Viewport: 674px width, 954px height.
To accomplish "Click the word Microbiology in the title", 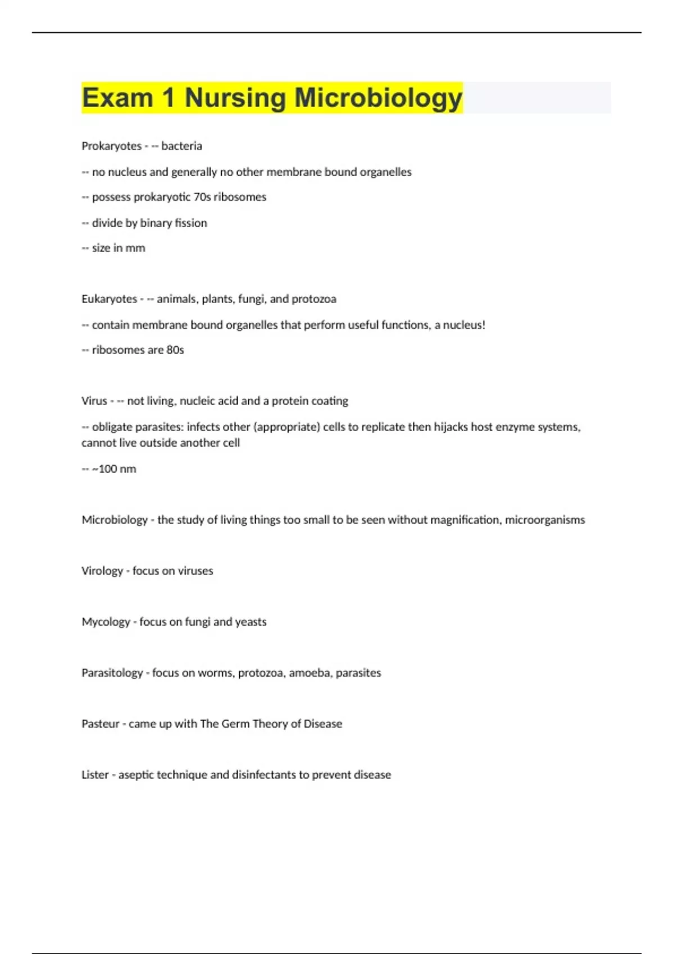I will [x=379, y=98].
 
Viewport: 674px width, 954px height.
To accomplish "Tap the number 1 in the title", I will [x=168, y=98].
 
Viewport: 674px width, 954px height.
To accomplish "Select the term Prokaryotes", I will [x=111, y=146].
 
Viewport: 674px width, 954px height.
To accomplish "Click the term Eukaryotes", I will [x=109, y=299].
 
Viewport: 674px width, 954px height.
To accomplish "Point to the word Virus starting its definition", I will [x=94, y=401].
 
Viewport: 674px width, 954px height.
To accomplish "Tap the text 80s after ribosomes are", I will [x=175, y=350].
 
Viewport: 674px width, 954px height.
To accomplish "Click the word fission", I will [x=191, y=223].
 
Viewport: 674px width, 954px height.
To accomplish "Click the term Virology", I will [x=102, y=571].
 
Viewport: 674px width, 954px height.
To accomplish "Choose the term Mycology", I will [x=106, y=622].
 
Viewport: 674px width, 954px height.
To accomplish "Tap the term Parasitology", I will [x=112, y=673].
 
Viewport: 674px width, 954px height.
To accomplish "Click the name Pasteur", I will [x=101, y=724].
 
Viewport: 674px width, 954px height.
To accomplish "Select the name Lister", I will [x=95, y=775].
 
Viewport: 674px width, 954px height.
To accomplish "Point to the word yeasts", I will [x=251, y=622].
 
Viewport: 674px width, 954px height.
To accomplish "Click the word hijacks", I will [x=450, y=427].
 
